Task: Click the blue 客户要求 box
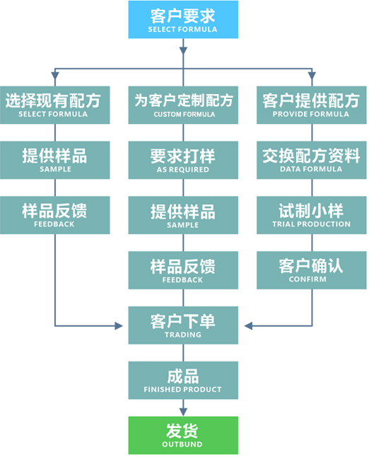pos(183,20)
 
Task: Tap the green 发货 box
pos(183,435)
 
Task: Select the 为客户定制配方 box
pos(183,105)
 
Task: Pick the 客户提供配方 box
pos(312,105)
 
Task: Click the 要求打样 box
pos(183,160)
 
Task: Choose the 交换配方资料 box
pos(312,160)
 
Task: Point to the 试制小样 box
pos(312,215)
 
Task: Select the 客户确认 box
pos(312,270)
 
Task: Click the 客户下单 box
pos(183,325)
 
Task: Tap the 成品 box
pos(183,381)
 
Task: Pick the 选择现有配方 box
pos(55,105)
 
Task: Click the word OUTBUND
pos(182,444)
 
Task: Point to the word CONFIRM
pos(307,279)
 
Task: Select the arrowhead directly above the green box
pos(183,412)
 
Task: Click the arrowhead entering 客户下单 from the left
pos(119,326)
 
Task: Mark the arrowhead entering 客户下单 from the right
pos(248,326)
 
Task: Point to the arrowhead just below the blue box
pos(183,51)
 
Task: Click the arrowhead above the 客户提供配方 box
pos(312,76)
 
